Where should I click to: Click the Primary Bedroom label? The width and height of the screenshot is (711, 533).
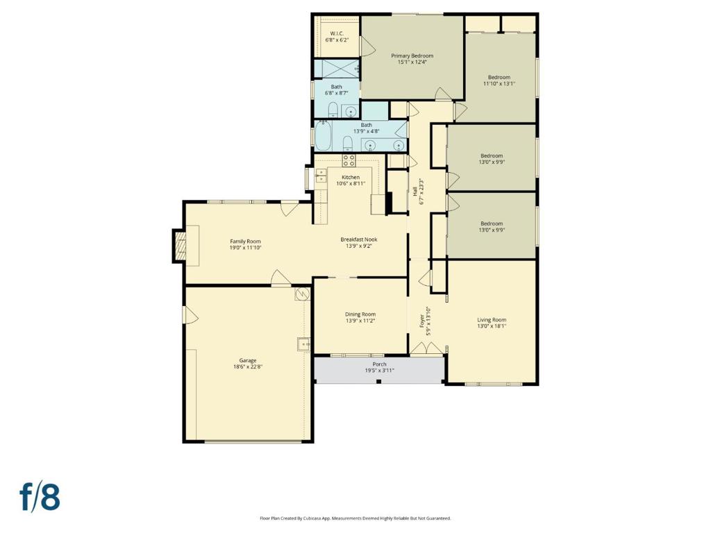coord(412,56)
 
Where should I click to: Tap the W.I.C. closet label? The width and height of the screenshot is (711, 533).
coord(337,33)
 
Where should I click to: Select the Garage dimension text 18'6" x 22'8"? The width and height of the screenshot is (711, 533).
coord(248,366)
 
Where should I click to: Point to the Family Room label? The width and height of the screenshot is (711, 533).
coord(245,242)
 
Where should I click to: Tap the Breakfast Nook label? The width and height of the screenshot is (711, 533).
coord(359,239)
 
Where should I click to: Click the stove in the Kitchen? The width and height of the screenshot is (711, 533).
coord(349,160)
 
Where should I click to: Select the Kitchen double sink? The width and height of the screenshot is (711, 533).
coord(321,176)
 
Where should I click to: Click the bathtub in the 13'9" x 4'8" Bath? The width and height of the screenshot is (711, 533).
coord(323,135)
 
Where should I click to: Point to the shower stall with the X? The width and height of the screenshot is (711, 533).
coord(337,69)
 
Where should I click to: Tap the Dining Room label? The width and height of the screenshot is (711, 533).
coord(360,314)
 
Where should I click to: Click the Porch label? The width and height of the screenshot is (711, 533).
coord(380,364)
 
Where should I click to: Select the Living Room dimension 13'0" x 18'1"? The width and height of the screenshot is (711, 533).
coord(492,326)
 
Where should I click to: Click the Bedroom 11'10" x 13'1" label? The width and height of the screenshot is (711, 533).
coord(499,77)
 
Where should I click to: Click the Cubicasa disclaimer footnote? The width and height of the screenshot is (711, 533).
coord(355,518)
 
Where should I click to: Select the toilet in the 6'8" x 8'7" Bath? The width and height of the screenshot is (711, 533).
coord(333,110)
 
